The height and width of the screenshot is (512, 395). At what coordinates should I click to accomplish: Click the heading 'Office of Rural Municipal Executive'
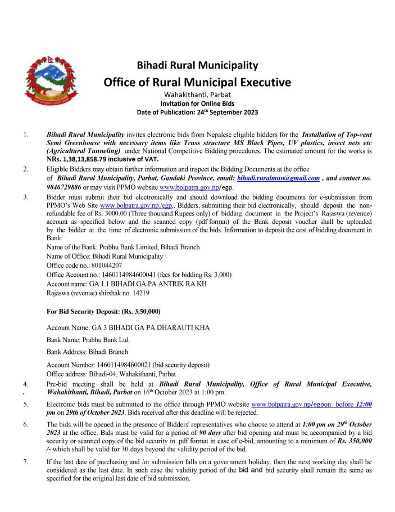click(x=197, y=83)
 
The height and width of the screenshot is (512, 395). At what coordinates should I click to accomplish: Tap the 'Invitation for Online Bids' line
click(x=197, y=103)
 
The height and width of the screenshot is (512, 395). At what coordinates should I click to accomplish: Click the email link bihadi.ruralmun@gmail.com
click(x=286, y=177)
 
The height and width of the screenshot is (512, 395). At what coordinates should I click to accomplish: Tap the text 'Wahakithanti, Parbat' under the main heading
click(x=197, y=95)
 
